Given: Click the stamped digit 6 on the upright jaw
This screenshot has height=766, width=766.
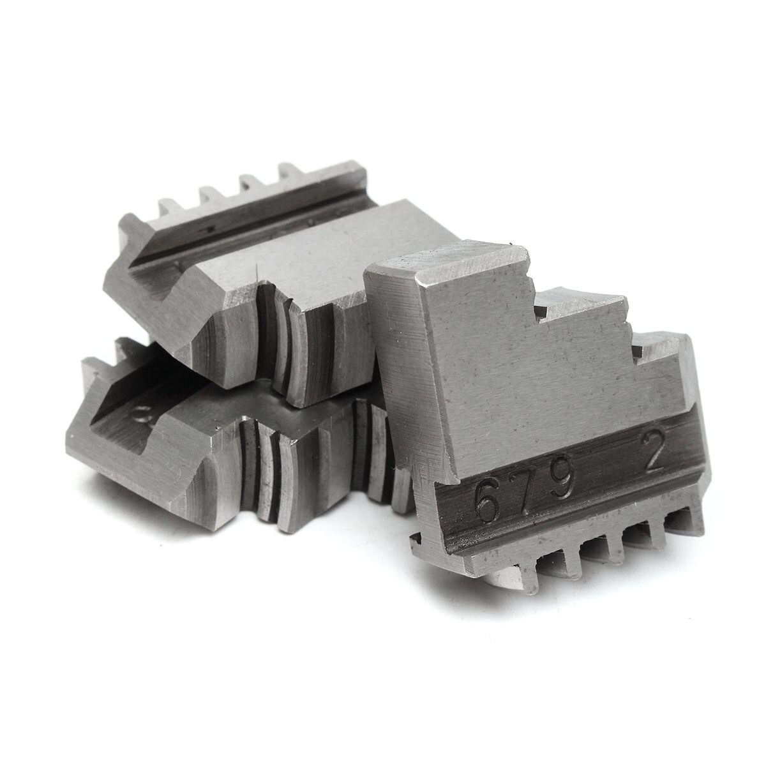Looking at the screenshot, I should (x=486, y=503).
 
